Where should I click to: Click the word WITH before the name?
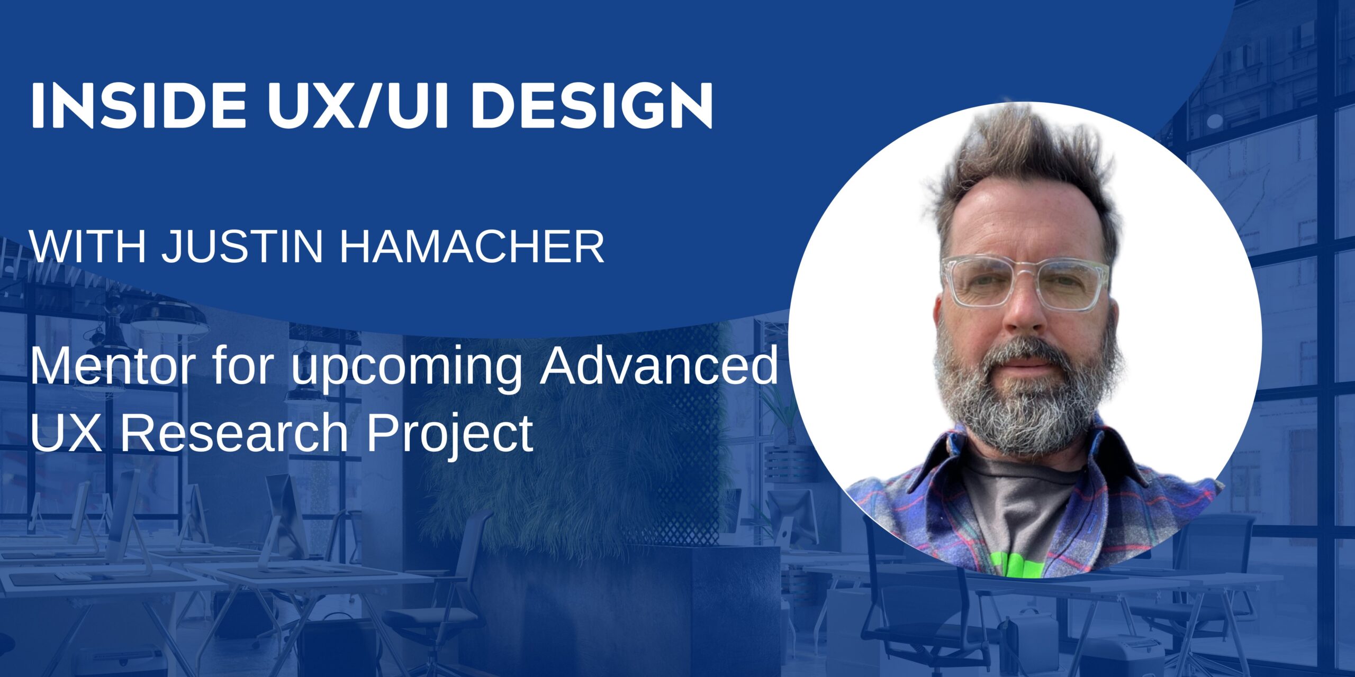87,246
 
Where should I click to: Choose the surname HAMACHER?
472,246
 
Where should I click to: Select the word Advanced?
658,366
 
